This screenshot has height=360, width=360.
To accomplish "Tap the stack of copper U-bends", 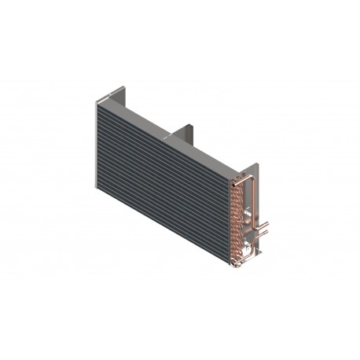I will pyautogui.click(x=234, y=216).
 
